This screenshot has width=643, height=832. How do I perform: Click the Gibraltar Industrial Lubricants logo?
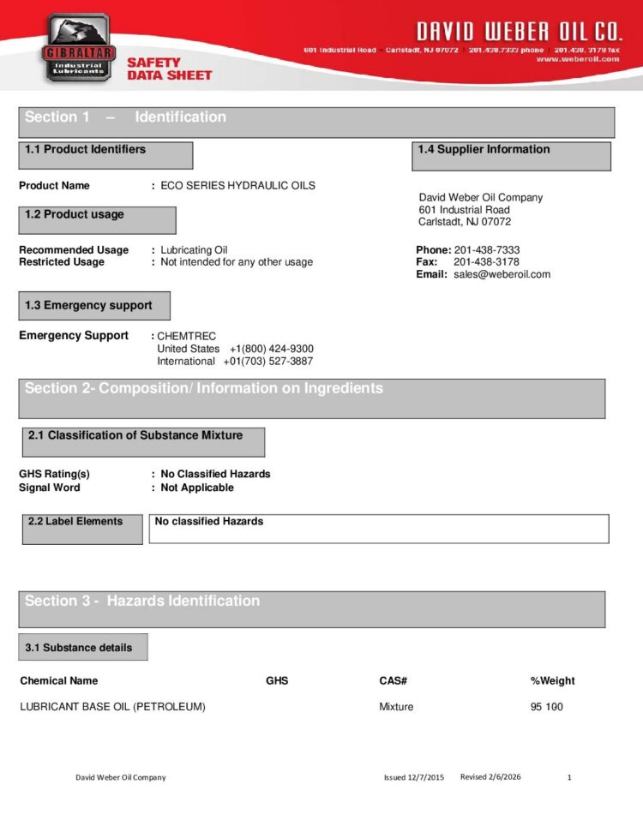click(77, 47)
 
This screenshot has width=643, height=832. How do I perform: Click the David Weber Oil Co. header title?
click(518, 33)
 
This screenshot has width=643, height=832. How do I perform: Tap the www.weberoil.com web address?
click(578, 59)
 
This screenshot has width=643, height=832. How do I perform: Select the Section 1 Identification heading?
click(125, 117)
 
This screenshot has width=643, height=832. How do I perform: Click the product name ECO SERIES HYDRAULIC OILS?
click(237, 186)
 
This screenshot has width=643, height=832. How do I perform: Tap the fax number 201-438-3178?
click(486, 262)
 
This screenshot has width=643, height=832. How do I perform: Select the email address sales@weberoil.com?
click(502, 274)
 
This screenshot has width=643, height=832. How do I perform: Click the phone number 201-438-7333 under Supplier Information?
click(486, 250)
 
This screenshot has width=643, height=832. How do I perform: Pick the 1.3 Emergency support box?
click(94, 306)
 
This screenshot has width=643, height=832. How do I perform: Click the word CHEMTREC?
click(186, 337)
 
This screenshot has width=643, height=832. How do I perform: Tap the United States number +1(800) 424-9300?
click(271, 349)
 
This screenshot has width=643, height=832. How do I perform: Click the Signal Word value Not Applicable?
click(196, 488)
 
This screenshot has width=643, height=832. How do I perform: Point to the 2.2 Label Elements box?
click(81, 529)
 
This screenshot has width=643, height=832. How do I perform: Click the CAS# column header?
click(393, 681)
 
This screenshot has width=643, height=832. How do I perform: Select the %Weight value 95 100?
click(546, 707)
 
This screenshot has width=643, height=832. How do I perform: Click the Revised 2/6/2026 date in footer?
click(490, 777)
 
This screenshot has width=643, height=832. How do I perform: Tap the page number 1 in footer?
click(569, 778)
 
